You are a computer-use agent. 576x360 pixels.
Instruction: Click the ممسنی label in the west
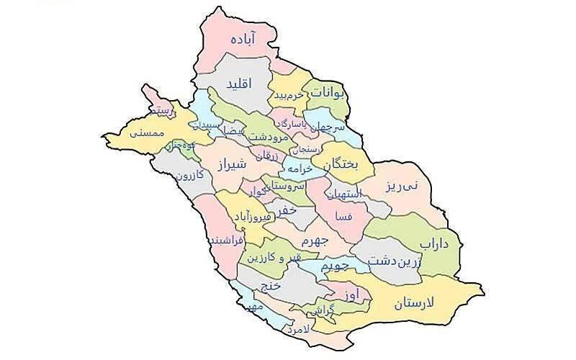[148, 133]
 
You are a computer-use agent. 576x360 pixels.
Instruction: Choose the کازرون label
[189, 175]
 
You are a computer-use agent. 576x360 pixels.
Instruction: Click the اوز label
[351, 295]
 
